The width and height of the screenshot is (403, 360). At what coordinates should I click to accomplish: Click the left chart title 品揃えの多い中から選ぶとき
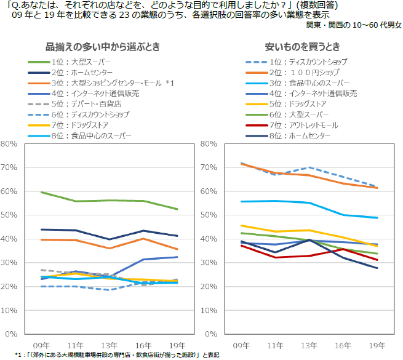point(94,47)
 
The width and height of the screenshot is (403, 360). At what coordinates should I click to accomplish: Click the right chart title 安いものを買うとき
point(304,47)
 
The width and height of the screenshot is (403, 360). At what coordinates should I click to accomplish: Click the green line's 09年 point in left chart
point(41,192)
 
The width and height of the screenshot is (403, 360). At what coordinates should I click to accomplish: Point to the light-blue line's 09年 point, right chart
point(241,201)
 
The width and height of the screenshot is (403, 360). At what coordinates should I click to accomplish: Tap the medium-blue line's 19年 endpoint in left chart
point(177,257)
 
